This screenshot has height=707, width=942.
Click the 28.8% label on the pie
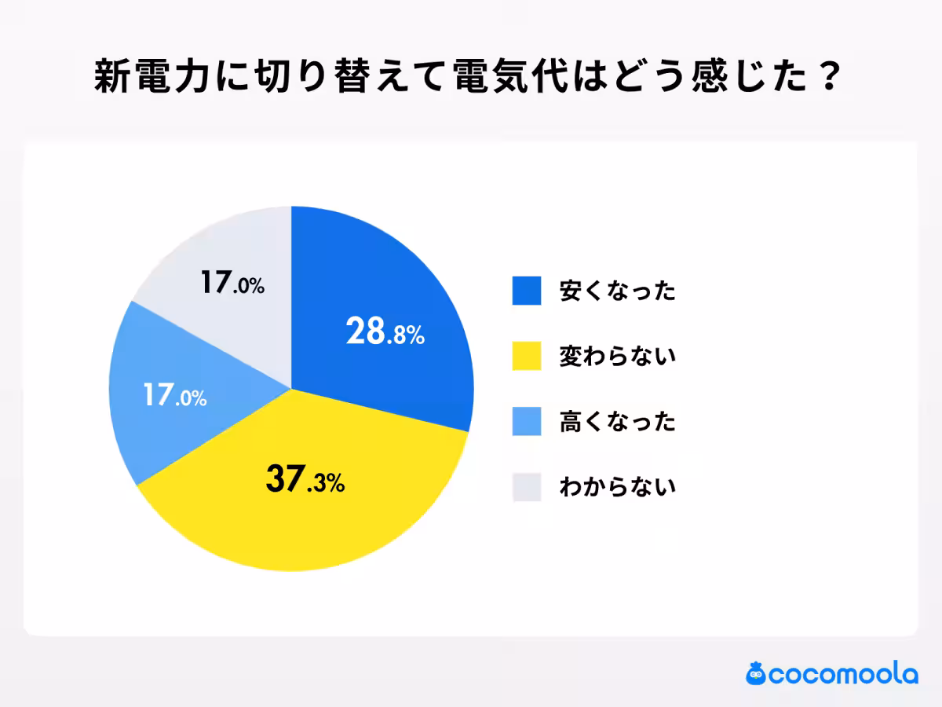click(385, 333)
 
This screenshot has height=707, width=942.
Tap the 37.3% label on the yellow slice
click(305, 479)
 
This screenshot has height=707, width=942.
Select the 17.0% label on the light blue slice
click(174, 395)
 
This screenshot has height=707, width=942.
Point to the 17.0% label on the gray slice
click(232, 283)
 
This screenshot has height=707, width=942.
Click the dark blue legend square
click(527, 291)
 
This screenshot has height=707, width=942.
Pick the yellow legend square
click(527, 356)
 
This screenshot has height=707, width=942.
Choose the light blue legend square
click(527, 421)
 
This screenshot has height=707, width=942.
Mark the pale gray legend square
click(527, 487)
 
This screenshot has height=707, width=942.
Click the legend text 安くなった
click(617, 291)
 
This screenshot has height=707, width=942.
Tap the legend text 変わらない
click(617, 357)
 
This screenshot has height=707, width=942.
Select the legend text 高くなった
click(617, 422)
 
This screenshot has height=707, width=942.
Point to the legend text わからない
click(617, 487)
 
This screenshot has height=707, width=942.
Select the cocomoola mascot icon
click(756, 673)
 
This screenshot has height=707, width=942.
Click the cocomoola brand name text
click(843, 675)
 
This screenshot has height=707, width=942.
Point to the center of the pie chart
click(291, 389)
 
